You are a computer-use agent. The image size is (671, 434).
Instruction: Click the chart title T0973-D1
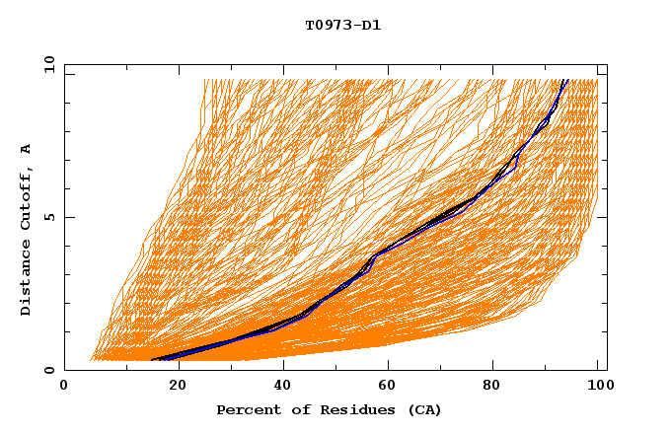point(342,25)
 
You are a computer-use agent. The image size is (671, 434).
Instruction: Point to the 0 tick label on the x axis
point(64,386)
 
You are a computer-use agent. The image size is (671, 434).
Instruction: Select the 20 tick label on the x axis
point(172,386)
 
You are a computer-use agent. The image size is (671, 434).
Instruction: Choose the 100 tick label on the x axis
point(598,386)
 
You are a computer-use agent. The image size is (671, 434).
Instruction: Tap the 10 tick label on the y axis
point(46,64)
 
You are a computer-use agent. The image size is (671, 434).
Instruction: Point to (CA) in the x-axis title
point(424,409)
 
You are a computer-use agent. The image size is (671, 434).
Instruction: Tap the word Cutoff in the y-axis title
point(26,195)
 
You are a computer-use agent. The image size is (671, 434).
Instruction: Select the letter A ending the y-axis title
point(26,148)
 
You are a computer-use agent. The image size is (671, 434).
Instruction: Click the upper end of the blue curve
point(564,80)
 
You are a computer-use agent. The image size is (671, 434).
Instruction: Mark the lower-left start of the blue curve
point(153,360)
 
